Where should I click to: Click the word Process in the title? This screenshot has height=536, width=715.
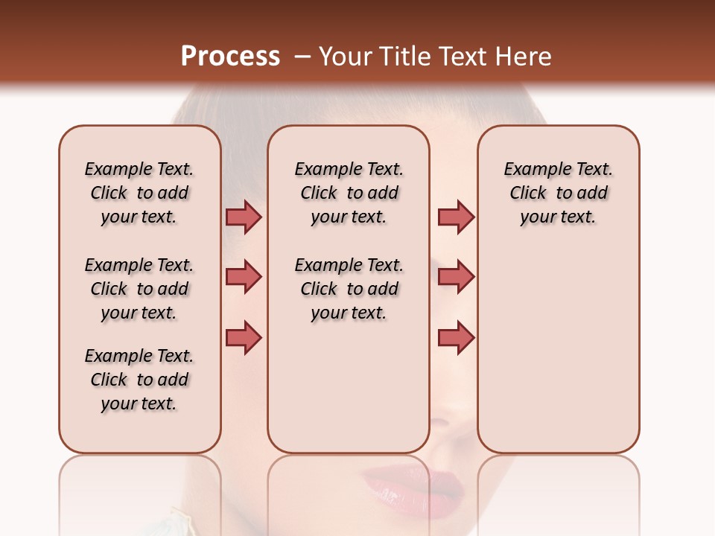tap(230, 57)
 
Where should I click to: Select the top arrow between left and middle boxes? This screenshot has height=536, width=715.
tap(244, 217)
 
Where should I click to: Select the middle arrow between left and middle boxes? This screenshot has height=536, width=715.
tap(244, 277)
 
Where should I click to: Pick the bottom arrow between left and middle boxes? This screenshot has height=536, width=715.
tap(244, 338)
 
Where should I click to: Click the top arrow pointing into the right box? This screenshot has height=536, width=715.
tap(456, 217)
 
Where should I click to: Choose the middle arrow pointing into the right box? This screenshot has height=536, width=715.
tap(456, 277)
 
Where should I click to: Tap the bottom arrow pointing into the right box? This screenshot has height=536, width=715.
tap(456, 338)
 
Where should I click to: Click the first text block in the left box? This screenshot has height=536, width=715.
tap(139, 193)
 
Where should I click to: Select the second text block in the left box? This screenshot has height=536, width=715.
tap(139, 289)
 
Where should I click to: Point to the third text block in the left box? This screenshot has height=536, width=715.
tap(139, 380)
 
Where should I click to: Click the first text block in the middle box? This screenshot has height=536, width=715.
tap(349, 193)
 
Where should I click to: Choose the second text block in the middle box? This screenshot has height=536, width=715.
tap(349, 289)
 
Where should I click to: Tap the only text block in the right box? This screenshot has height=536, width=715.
tap(559, 193)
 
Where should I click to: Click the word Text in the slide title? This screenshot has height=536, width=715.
tap(463, 57)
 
